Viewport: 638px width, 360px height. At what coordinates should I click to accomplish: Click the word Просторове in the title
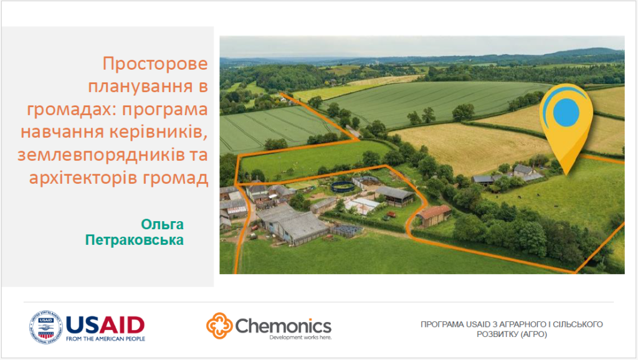tap(155, 64)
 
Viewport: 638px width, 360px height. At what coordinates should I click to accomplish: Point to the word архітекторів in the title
tap(82, 178)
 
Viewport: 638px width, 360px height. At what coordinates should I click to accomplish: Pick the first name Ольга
tap(162, 224)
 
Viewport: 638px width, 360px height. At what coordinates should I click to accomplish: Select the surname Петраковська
tap(135, 240)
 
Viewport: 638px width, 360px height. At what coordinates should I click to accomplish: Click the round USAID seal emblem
tap(45, 327)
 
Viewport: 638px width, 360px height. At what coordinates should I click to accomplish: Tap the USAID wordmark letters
tap(105, 325)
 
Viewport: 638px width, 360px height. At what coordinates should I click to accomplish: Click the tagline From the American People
tap(105, 338)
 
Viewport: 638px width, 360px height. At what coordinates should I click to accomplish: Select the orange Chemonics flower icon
tap(219, 325)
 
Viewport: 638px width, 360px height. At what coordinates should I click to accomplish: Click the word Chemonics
tap(283, 326)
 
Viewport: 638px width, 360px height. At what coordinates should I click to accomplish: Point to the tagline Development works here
tap(300, 337)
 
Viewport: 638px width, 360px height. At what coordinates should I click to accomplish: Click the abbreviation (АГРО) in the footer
tap(533, 334)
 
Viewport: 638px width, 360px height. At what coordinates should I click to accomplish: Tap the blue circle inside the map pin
tap(566, 112)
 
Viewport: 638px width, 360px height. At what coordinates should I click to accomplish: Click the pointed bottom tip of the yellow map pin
tap(566, 175)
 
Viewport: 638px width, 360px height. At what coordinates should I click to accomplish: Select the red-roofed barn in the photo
tap(434, 215)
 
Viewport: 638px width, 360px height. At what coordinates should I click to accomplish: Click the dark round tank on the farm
tap(343, 187)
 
